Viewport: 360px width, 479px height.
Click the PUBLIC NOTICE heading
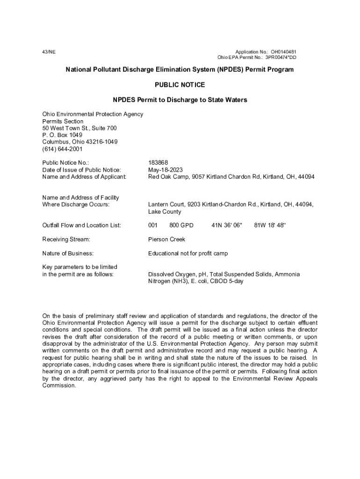180,85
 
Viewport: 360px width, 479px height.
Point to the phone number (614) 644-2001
62,149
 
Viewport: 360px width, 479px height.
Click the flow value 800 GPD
181,225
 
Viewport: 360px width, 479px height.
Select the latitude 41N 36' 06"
227,225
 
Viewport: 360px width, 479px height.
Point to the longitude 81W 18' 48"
270,225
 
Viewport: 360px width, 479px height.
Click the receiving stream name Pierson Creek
167,239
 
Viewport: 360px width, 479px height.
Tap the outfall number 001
153,225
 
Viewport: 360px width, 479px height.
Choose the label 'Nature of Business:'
68,253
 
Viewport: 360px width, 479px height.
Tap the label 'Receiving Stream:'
66,239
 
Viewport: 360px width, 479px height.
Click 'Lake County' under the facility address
166,211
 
